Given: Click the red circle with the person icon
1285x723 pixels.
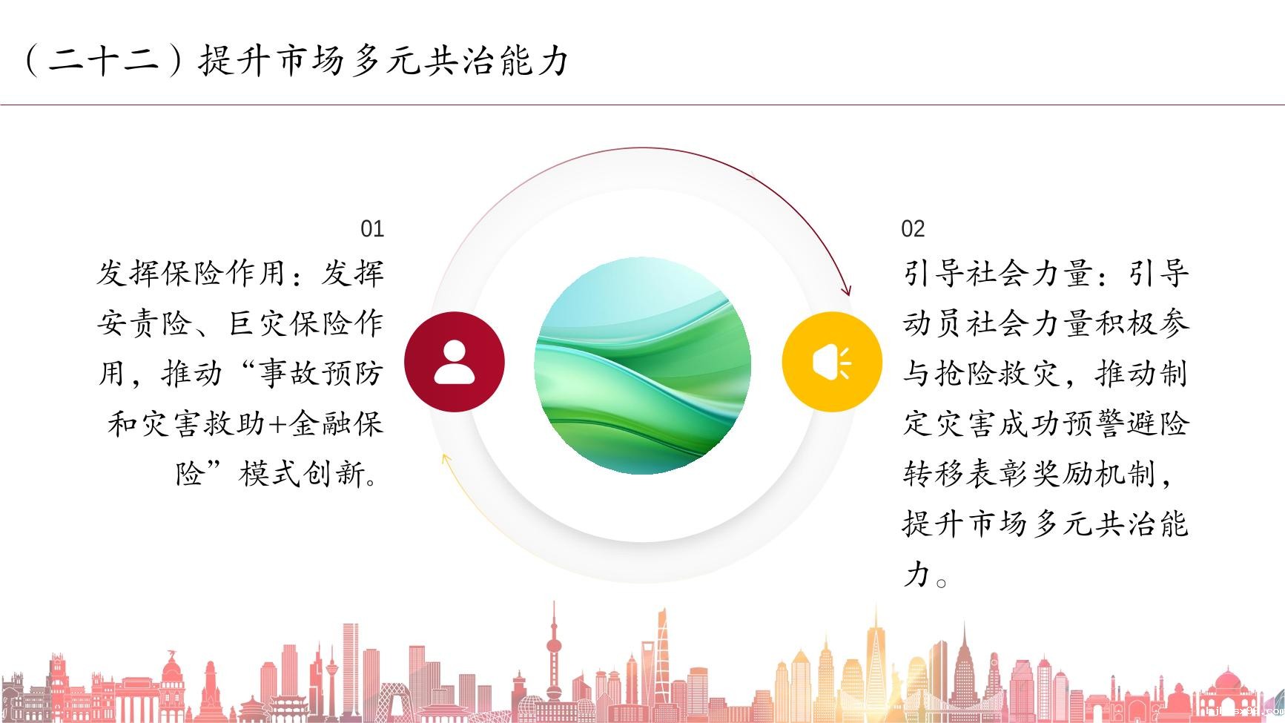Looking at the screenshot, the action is [x=455, y=362].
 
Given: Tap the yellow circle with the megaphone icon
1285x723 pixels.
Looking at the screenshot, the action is [x=832, y=362].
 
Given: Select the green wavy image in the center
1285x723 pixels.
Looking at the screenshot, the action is [x=643, y=366].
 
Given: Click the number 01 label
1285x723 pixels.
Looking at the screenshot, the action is [x=372, y=228].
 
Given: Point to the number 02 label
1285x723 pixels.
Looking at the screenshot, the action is [x=913, y=228].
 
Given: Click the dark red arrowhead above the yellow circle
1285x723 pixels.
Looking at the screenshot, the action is [x=846, y=289].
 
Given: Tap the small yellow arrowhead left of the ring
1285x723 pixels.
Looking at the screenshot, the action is [x=446, y=460].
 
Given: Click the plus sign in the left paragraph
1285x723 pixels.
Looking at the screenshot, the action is [x=277, y=424].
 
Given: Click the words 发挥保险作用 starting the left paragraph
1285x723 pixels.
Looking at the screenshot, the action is [x=192, y=273].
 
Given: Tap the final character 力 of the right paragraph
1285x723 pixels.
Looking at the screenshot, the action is [x=916, y=573].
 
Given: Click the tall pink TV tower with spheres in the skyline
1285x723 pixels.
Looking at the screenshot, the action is [x=553, y=653].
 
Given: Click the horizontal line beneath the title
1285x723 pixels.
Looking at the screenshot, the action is [x=642, y=105].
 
